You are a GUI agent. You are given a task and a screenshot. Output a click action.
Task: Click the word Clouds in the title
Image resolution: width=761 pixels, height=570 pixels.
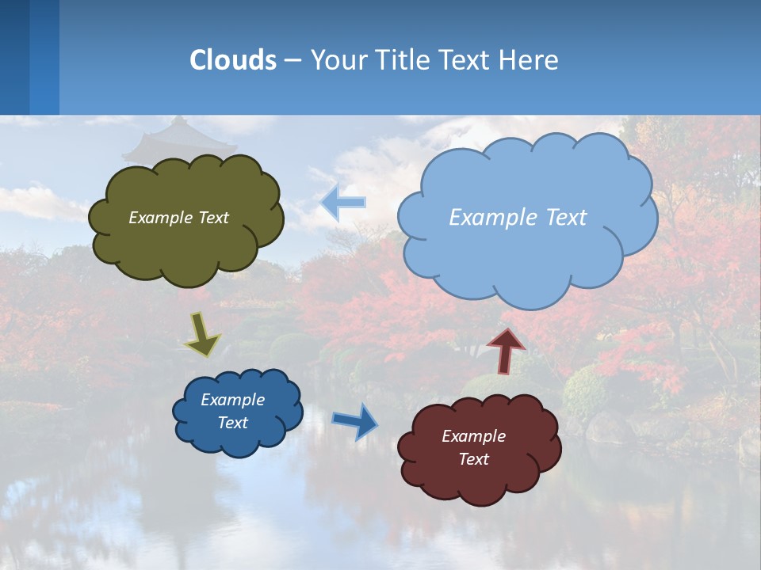click(x=233, y=60)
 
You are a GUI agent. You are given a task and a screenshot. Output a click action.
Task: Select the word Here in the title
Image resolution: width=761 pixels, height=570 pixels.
click(x=528, y=60)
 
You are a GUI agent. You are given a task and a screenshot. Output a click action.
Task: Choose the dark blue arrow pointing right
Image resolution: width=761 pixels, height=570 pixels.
click(x=355, y=420)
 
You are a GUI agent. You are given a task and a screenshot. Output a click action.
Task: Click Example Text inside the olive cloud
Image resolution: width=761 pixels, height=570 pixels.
click(x=178, y=218)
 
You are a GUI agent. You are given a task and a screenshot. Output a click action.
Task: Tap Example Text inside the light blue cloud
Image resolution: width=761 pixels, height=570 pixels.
click(x=518, y=218)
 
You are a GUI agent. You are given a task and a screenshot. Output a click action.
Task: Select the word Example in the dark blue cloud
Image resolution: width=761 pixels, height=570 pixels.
click(x=232, y=400)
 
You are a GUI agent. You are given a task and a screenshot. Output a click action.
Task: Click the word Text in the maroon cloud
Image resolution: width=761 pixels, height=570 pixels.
click(x=473, y=459)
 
